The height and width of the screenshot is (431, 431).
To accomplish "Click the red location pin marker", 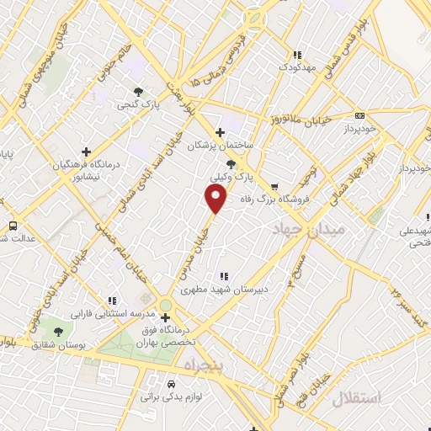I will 216,200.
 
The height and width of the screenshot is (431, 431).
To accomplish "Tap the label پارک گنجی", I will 138,105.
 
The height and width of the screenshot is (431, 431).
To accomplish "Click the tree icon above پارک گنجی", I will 138,92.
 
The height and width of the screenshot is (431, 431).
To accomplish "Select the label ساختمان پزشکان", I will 221,146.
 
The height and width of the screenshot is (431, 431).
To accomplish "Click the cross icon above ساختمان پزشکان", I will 221,132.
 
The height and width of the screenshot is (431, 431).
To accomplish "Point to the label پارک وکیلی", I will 231,178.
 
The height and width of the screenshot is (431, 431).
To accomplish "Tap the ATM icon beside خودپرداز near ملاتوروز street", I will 360,115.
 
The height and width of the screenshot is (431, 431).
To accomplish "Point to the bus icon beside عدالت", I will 13,226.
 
